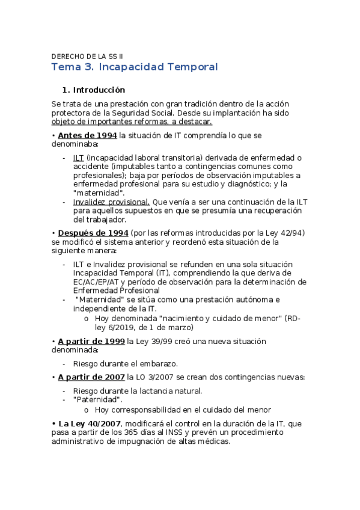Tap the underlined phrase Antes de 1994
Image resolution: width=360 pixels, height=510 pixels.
(x=88, y=135)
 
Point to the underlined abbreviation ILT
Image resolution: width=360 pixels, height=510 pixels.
(x=79, y=158)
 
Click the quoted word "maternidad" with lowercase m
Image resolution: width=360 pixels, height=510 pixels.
(x=99, y=192)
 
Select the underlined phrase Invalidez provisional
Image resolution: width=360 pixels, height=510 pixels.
(x=111, y=203)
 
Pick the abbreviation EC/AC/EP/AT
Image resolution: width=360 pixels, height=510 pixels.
(x=97, y=282)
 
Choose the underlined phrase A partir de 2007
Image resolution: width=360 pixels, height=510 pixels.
(x=91, y=377)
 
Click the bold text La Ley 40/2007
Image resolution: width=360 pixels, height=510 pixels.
(x=90, y=423)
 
